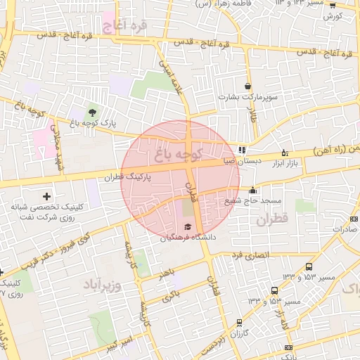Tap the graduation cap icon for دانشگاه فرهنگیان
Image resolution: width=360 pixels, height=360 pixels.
pos(187,226)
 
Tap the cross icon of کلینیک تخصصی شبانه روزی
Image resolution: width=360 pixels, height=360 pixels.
pos(47,195)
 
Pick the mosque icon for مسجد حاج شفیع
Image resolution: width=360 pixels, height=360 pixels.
pos(253,190)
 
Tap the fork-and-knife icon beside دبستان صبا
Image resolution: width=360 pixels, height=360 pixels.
pos(242,150)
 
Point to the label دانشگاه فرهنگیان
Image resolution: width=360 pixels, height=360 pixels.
pos(179,238)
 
